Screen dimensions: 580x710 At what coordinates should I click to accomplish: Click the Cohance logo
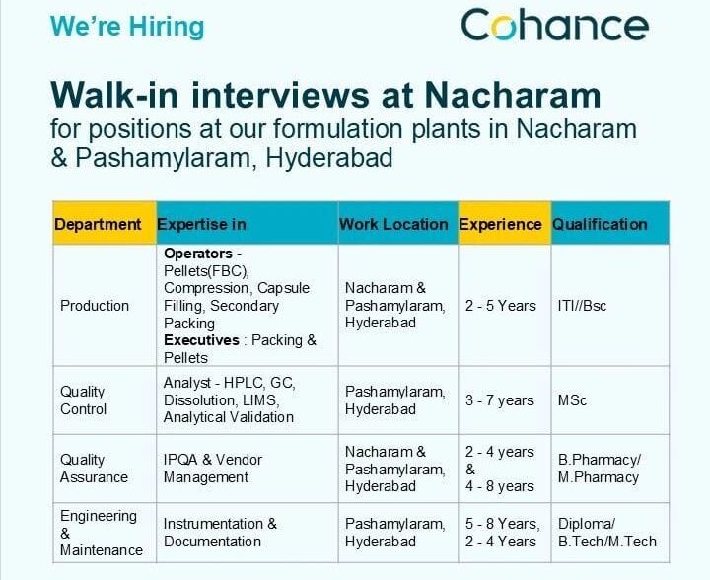tap(554, 25)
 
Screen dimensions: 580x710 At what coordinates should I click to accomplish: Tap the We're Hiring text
tap(127, 26)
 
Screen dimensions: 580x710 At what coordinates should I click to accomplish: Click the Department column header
tap(104, 224)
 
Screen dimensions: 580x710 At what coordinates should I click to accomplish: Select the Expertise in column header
tap(202, 224)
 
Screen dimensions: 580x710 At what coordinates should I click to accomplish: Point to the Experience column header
tap(500, 224)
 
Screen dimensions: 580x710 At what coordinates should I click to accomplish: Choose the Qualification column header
tap(600, 224)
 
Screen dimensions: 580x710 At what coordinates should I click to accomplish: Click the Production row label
tap(95, 306)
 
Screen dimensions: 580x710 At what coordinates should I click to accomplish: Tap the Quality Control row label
tap(84, 400)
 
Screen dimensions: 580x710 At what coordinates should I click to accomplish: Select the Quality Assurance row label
tap(94, 469)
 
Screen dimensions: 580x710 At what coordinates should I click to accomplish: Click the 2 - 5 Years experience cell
tap(501, 306)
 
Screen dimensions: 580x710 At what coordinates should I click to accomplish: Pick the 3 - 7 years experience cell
tap(500, 400)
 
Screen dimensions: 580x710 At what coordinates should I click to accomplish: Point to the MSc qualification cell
tap(572, 400)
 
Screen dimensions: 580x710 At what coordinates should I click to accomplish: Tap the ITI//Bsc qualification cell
tap(583, 306)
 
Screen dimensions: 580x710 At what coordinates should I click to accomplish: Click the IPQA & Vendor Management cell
tap(213, 469)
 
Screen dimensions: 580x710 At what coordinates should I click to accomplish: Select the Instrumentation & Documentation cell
tap(220, 533)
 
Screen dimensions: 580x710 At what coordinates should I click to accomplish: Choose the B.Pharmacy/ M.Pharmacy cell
tap(599, 469)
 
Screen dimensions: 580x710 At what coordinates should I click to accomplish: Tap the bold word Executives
tap(201, 340)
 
